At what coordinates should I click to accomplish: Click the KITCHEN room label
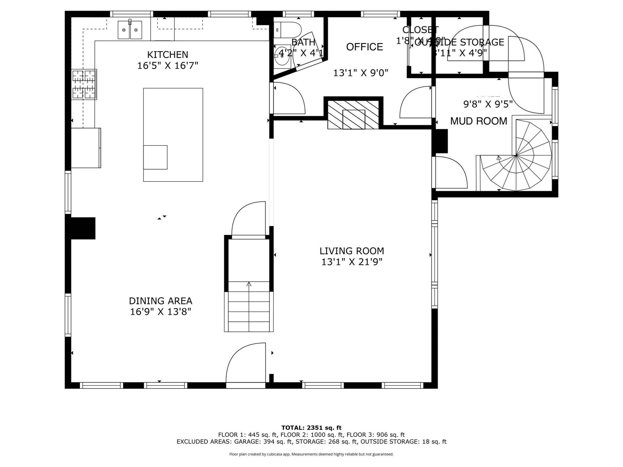click(x=168, y=55)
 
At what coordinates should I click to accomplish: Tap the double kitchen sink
click(x=130, y=30)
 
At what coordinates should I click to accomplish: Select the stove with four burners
click(x=84, y=85)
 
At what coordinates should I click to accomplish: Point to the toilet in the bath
click(x=289, y=30)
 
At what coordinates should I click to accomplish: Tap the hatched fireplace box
click(x=353, y=115)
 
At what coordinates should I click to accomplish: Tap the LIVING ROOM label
click(x=352, y=251)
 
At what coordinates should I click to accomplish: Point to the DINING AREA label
click(x=161, y=301)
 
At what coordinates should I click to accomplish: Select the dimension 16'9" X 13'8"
click(x=161, y=312)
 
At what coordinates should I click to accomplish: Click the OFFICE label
click(x=364, y=47)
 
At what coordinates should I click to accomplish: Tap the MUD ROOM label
click(x=479, y=121)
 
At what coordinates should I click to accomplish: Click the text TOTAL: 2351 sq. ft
click(x=311, y=428)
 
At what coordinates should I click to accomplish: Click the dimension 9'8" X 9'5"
click(x=488, y=104)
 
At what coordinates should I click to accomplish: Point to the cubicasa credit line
click(x=311, y=454)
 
